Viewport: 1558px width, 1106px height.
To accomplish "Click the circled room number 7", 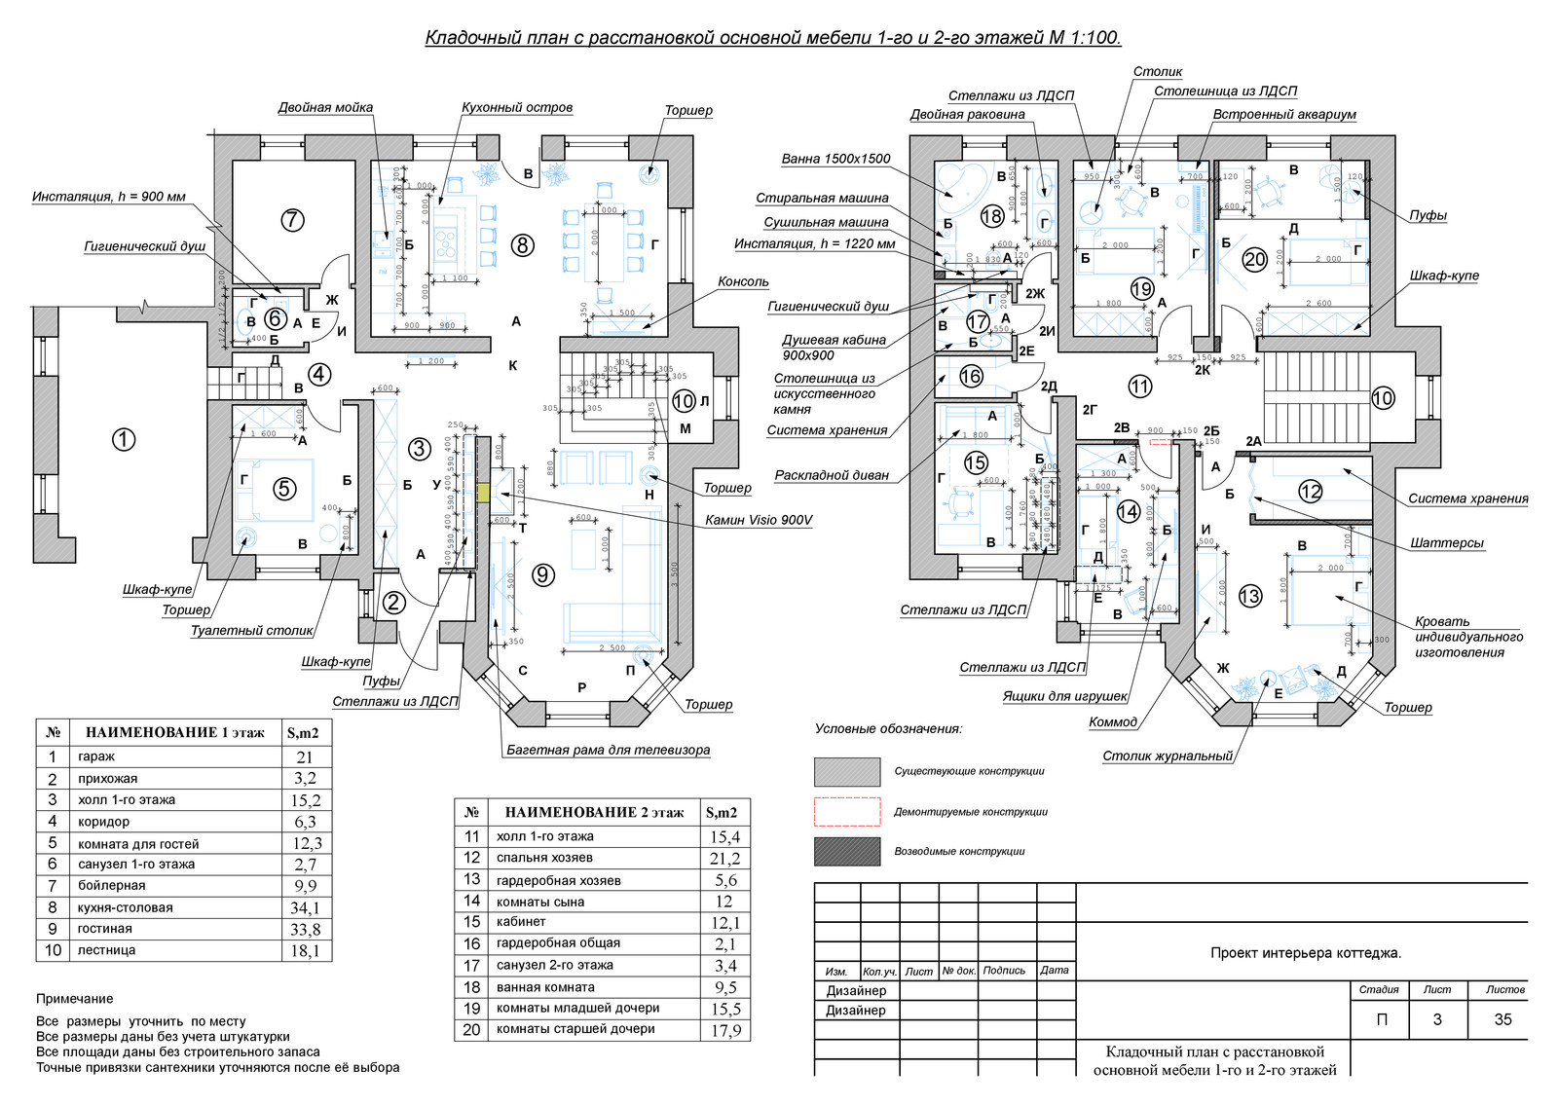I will [x=292, y=220].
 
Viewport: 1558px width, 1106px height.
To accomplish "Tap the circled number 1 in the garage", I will [x=124, y=439].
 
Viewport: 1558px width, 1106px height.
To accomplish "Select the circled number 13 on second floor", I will [x=1249, y=596].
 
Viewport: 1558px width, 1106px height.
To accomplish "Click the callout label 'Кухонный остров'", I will [x=517, y=107].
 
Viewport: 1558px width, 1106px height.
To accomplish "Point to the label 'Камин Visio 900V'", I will [x=759, y=520].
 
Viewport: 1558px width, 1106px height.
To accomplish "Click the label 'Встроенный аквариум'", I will [x=1283, y=114].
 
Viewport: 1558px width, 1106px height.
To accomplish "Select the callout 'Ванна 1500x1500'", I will [x=835, y=159].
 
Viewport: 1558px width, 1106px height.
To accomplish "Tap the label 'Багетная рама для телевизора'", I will [x=608, y=750].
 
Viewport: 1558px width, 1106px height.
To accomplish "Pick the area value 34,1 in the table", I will [x=305, y=907].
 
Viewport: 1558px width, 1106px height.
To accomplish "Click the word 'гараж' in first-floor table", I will [x=96, y=756].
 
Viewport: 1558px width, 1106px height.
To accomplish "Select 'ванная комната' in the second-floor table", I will [x=545, y=987].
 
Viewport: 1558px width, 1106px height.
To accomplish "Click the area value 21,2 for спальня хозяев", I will [x=724, y=859].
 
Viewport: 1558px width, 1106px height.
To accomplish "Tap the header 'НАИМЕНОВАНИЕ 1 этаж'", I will [x=174, y=733].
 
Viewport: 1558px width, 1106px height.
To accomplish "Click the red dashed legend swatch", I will [x=846, y=811].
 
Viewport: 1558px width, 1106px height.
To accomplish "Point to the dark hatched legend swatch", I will [x=846, y=851].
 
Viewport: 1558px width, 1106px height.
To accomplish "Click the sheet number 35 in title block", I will [x=1502, y=1019].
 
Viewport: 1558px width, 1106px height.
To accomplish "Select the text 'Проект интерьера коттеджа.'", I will [x=1306, y=953].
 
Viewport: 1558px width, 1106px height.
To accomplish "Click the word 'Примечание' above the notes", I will [x=75, y=999].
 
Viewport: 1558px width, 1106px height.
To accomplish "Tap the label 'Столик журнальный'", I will [x=1168, y=756].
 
